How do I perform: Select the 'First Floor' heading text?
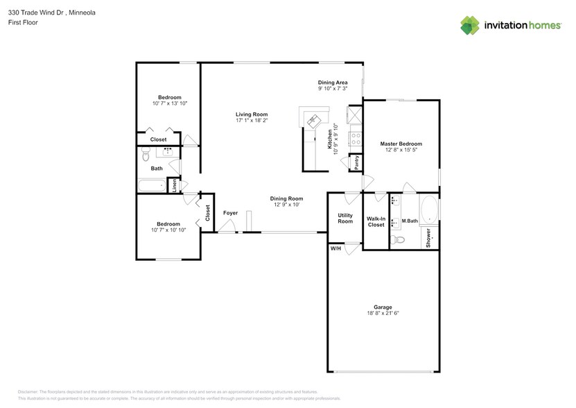point(24,22)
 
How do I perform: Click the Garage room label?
point(383,307)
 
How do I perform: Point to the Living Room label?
point(251,114)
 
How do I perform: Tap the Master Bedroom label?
point(401,144)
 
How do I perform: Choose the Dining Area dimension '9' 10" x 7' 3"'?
point(333,89)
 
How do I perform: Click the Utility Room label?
point(345,219)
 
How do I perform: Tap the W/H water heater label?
point(335,248)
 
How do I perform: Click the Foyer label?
point(230,213)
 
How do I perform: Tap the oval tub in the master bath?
point(429,208)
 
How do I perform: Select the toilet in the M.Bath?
point(398,240)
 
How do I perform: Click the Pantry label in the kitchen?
point(356,162)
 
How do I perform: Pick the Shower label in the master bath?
point(429,238)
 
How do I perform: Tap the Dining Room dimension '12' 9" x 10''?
point(287,205)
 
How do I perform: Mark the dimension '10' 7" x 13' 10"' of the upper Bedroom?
point(170,103)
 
